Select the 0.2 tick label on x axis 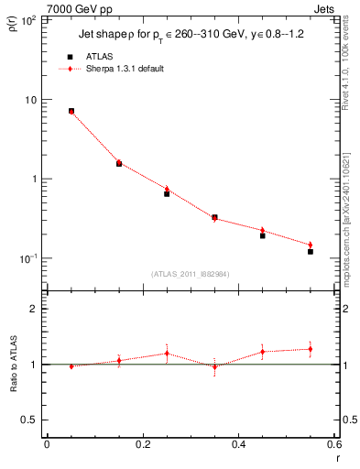(142, 444)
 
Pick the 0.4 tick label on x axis (239, 444)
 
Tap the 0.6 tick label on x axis (334, 444)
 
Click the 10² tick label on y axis (29, 20)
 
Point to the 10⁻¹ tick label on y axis (27, 258)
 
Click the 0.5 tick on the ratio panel (29, 420)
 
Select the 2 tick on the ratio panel (33, 310)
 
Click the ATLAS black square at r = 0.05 (71, 111)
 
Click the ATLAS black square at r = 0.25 (167, 193)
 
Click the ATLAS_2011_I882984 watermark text (191, 274)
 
